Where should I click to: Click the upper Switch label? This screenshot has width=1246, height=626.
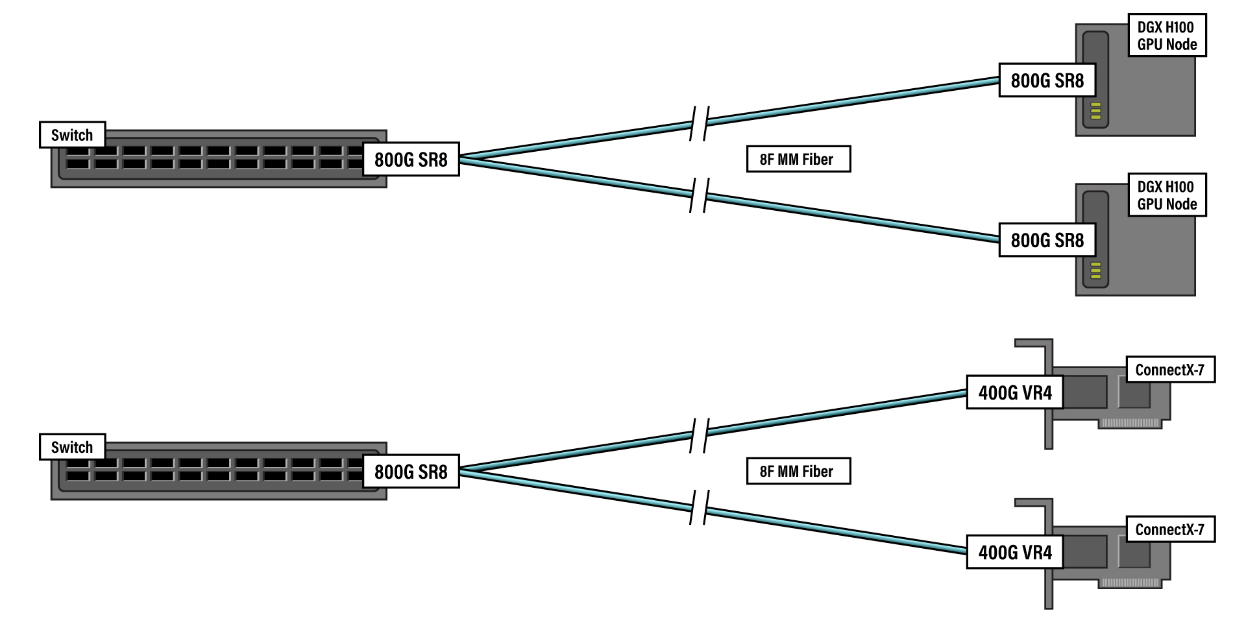click(x=72, y=135)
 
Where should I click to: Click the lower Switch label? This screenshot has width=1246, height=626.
click(x=72, y=447)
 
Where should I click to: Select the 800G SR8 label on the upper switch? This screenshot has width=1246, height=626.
click(x=410, y=159)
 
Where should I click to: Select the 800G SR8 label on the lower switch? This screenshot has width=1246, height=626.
click(x=410, y=471)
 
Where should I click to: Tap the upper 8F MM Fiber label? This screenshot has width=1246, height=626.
click(x=798, y=159)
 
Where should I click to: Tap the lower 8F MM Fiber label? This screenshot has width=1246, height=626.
click(x=798, y=471)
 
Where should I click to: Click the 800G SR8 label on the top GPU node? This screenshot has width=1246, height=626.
click(x=1047, y=80)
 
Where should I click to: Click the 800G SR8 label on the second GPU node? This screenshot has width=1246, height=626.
click(x=1047, y=240)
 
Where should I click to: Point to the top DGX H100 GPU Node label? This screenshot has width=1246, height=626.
click(x=1166, y=36)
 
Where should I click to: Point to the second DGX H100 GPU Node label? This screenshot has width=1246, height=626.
click(x=1166, y=195)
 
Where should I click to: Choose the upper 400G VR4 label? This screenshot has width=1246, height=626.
click(x=1014, y=392)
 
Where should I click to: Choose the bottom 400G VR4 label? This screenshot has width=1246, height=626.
click(x=1014, y=552)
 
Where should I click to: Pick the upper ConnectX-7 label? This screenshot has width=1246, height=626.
click(x=1169, y=370)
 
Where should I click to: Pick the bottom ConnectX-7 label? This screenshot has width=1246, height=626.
click(x=1169, y=529)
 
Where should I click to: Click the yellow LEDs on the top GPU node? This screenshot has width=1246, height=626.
click(x=1096, y=111)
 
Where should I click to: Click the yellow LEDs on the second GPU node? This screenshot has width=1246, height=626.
click(x=1096, y=271)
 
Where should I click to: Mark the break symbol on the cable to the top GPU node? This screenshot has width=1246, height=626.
click(x=699, y=123)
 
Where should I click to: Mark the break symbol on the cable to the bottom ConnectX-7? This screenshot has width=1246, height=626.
click(x=699, y=507)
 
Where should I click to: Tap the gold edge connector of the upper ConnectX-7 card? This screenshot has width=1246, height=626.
click(x=1129, y=424)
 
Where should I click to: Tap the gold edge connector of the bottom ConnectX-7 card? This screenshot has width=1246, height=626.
click(x=1129, y=583)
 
